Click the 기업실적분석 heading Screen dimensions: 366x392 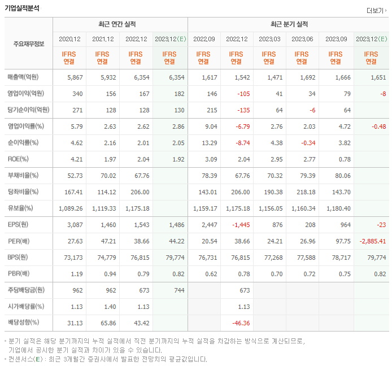pos(22,8)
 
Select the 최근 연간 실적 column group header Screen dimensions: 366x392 pos(120,24)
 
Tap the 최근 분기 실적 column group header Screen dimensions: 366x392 pos(289,24)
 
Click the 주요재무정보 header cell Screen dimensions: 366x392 pos(28,43)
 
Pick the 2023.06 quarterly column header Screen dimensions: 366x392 pos(302,39)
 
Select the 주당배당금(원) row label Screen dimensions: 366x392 pos(26,290)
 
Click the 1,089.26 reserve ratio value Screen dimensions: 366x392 pos(71,208)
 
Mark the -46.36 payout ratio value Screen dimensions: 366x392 pos(239,323)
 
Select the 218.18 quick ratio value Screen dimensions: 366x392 pos(303,191)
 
